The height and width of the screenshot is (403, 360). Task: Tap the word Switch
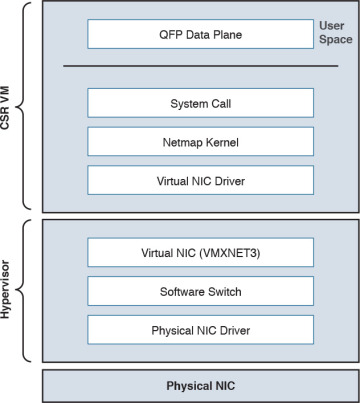[x=222, y=291]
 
